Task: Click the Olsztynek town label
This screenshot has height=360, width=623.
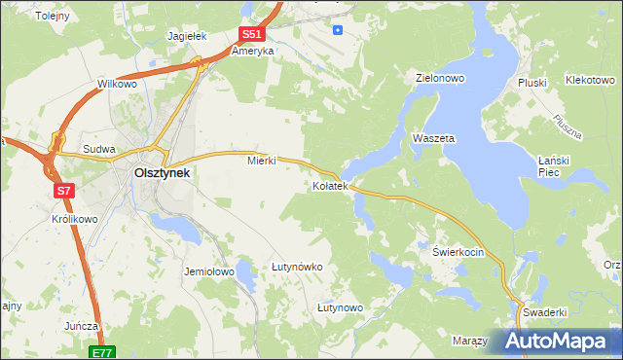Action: (161, 173)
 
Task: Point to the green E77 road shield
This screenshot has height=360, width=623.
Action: (102, 352)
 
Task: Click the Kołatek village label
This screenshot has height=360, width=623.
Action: (329, 185)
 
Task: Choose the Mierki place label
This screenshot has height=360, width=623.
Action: (262, 161)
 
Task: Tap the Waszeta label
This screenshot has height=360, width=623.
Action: (433, 139)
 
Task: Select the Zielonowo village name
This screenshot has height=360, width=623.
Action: (439, 78)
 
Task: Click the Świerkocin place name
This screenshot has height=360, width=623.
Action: (458, 250)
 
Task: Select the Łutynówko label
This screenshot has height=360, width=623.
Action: (297, 266)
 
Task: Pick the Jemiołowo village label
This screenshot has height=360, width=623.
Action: (208, 272)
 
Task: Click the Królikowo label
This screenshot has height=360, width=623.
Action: (74, 219)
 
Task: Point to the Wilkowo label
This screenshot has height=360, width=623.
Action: (117, 85)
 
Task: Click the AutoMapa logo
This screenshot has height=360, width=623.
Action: (559, 341)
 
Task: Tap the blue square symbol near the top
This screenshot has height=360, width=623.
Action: (338, 29)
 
